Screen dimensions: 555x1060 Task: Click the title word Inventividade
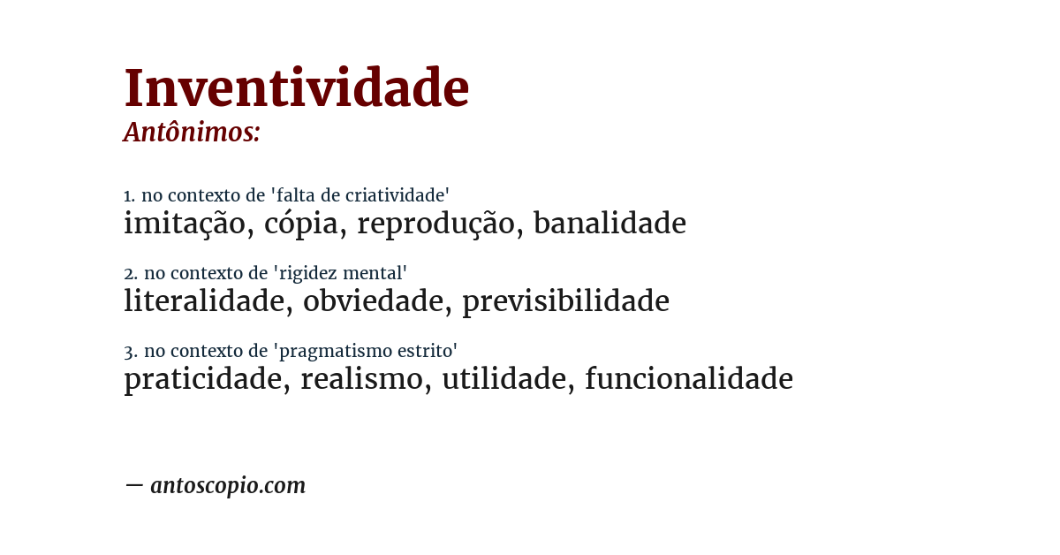pos(296,89)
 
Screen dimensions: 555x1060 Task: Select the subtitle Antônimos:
pos(192,133)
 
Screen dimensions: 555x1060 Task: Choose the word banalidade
pos(609,224)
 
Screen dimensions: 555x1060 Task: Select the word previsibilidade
pos(565,302)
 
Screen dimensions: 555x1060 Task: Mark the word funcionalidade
pos(689,380)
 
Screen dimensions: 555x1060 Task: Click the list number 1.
pos(129,196)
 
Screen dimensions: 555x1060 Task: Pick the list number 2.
pos(130,274)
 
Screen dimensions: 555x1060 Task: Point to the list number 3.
pos(130,352)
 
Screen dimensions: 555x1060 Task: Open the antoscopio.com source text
pos(228,485)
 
